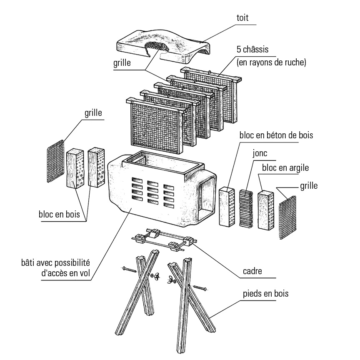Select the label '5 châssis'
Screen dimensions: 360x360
pyautogui.click(x=252, y=50)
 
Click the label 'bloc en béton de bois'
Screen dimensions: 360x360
pyautogui.click(x=276, y=135)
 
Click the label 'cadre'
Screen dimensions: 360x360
pyautogui.click(x=252, y=271)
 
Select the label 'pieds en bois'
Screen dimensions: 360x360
pyautogui.click(x=265, y=293)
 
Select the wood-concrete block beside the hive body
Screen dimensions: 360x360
pyautogui.click(x=228, y=207)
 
